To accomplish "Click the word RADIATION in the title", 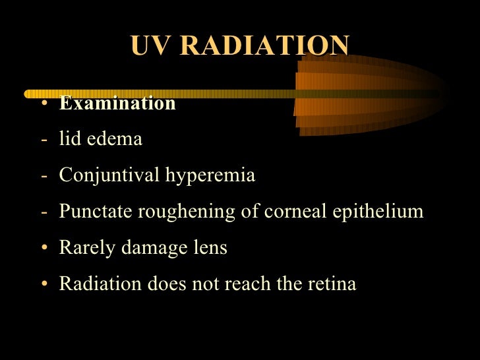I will click(264, 45).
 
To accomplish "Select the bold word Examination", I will click(117, 104).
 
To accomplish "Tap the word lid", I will click(70, 140).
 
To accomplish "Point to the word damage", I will click(142, 248).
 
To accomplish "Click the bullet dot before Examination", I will click(43, 104).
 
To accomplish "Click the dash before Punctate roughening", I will click(43, 212).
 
